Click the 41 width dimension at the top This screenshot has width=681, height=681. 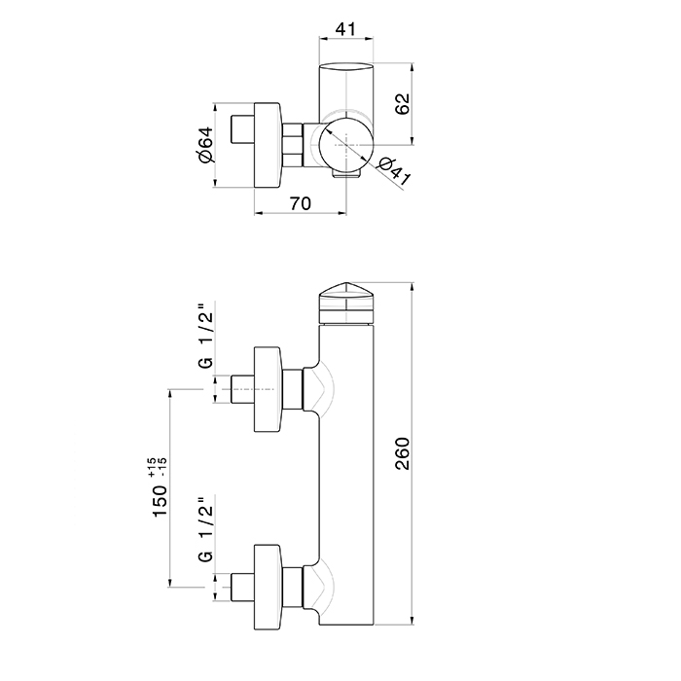click(345, 29)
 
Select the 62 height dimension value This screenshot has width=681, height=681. click(402, 104)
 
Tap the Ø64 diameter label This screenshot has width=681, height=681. click(206, 145)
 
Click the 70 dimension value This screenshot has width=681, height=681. click(300, 203)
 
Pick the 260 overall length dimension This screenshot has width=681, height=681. click(403, 453)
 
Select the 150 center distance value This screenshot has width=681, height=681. click(160, 501)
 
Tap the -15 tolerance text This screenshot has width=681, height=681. click(162, 467)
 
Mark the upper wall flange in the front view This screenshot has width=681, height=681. click(268, 389)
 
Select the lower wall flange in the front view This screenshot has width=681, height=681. click(268, 587)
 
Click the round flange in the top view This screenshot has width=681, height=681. click(268, 145)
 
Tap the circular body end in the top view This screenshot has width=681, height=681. click(346, 144)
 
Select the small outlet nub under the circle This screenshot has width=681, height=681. click(346, 174)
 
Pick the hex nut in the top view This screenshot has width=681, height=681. click(292, 145)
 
